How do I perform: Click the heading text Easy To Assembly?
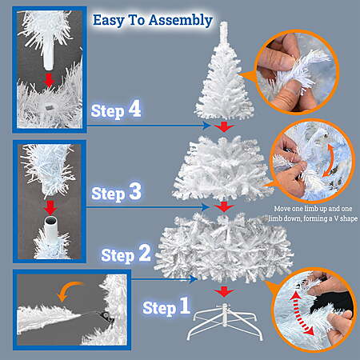click(x=153, y=20)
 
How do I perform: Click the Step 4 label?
click(x=116, y=110)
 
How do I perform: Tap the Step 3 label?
click(x=116, y=193)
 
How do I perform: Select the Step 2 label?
click(x=126, y=254)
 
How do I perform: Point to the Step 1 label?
click(x=166, y=306)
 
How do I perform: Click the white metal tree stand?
click(x=225, y=322)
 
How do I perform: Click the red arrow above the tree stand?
click(x=224, y=291)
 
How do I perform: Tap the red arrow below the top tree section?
click(x=224, y=126)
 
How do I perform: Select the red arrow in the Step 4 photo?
click(x=49, y=80)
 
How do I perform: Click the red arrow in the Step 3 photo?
click(x=50, y=208)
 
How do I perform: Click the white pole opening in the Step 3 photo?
click(x=50, y=221)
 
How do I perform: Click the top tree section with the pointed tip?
click(x=224, y=72)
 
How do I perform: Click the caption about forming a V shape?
click(x=313, y=214)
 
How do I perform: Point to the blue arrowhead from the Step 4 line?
click(x=207, y=126)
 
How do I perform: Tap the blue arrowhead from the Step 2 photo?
click(x=193, y=279)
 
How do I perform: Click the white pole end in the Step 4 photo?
click(x=49, y=58)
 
